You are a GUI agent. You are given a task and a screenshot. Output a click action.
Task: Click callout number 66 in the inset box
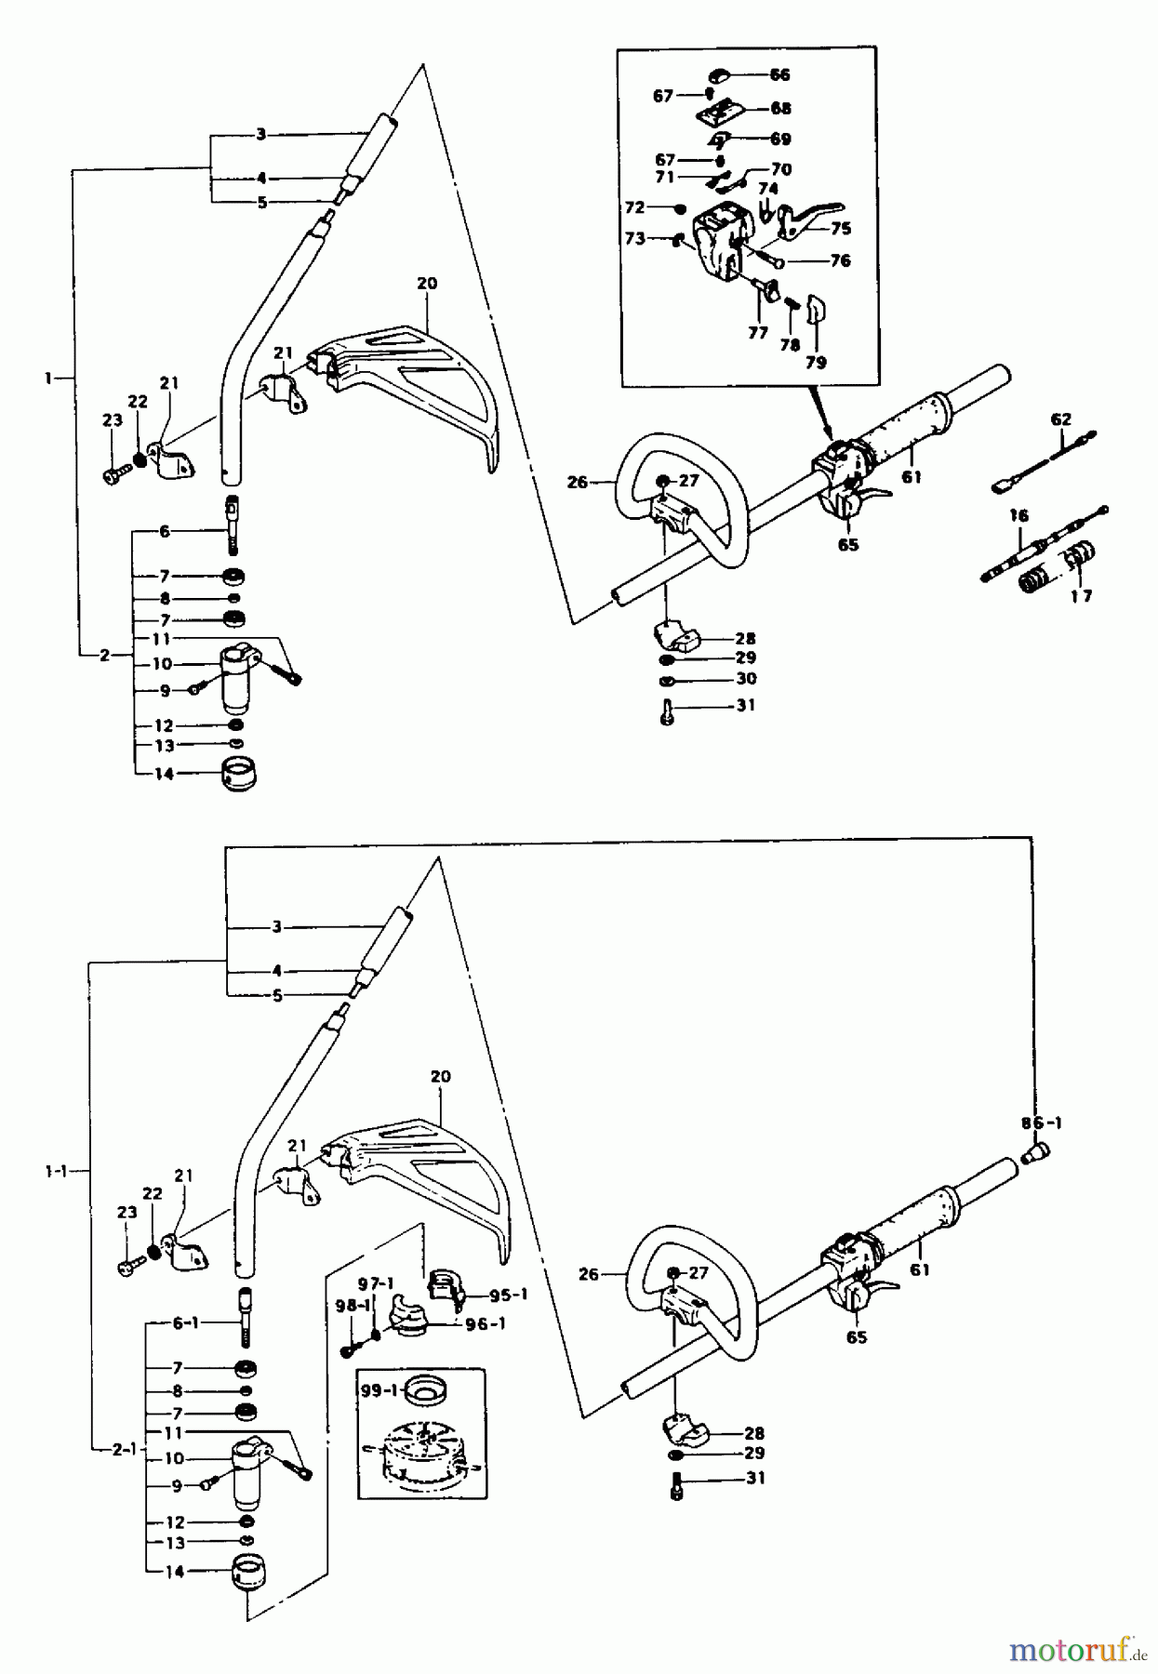coord(779,74)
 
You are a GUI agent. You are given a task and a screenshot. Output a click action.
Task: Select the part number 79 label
coord(816,363)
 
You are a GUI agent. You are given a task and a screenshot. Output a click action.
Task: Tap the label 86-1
coord(1041,1123)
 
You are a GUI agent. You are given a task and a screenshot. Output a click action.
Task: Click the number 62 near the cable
coord(1061,419)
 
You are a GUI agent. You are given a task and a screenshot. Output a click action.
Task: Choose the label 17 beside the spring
coord(1080,596)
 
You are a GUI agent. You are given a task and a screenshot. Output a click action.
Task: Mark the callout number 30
coord(745,680)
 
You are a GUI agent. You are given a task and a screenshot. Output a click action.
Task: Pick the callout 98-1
coord(353,1307)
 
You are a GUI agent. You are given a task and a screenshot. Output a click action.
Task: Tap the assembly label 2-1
coord(124,1449)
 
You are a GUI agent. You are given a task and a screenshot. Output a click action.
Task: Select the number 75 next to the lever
coord(841,229)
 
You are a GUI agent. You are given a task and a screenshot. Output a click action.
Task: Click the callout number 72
coord(635,206)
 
